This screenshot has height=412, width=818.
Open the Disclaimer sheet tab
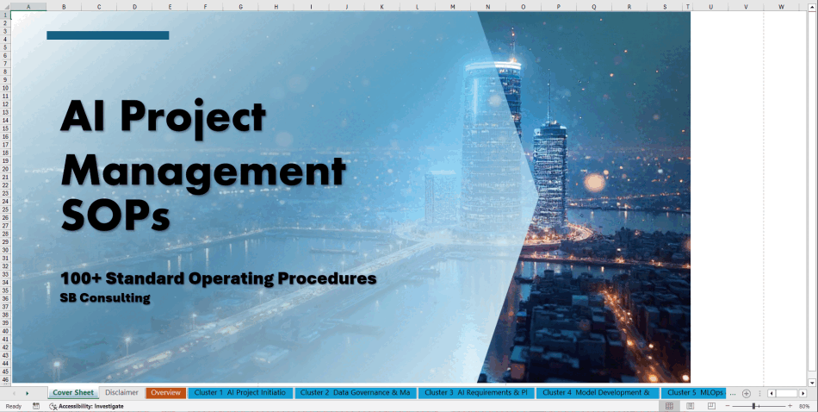(121, 393)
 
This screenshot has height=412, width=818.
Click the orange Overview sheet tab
(165, 393)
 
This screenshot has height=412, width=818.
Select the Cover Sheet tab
(73, 393)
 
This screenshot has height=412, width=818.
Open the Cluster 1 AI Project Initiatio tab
(239, 393)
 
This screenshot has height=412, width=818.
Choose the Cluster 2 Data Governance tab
(356, 393)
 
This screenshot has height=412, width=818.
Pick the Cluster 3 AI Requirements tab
(476, 393)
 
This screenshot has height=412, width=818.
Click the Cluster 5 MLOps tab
(694, 393)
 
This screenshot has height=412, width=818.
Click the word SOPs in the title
(114, 214)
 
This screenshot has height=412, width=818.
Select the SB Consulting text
(105, 298)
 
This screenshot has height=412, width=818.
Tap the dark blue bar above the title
(108, 35)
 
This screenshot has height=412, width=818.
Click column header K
(381, 7)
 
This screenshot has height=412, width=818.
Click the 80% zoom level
(804, 406)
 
